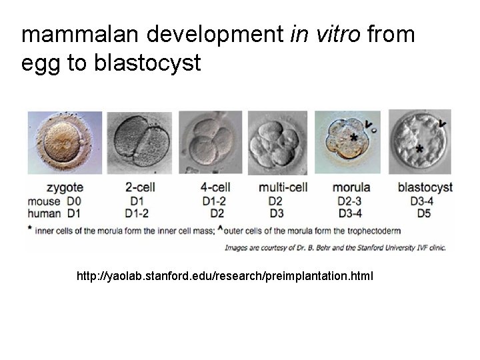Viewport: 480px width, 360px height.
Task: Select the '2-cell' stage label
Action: click(x=141, y=188)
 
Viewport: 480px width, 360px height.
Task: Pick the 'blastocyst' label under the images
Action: click(x=425, y=188)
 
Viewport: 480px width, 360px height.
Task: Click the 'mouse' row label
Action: click(x=43, y=201)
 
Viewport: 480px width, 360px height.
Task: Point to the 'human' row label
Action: click(x=45, y=213)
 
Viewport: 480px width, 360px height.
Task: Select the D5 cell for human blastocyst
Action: click(x=424, y=213)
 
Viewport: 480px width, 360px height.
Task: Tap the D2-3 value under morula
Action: click(x=351, y=201)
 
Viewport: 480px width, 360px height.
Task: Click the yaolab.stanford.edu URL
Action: click(x=225, y=275)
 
